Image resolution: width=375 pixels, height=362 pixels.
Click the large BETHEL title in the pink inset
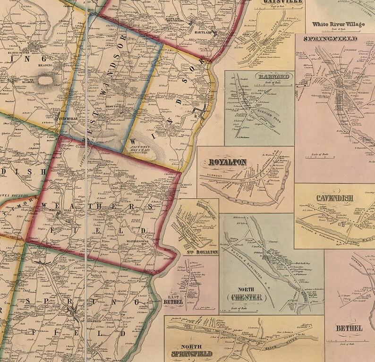[349, 328]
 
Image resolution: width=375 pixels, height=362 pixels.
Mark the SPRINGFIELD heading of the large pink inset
[331, 38]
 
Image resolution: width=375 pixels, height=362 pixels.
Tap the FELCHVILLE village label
[62, 119]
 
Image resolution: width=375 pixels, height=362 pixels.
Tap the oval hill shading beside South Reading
[46, 80]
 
